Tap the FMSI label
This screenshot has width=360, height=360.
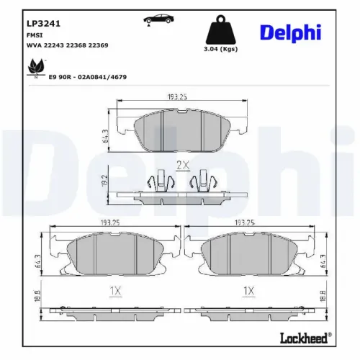point(34,34)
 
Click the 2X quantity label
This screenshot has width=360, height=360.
point(182,165)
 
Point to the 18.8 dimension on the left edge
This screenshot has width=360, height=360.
point(37,296)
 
